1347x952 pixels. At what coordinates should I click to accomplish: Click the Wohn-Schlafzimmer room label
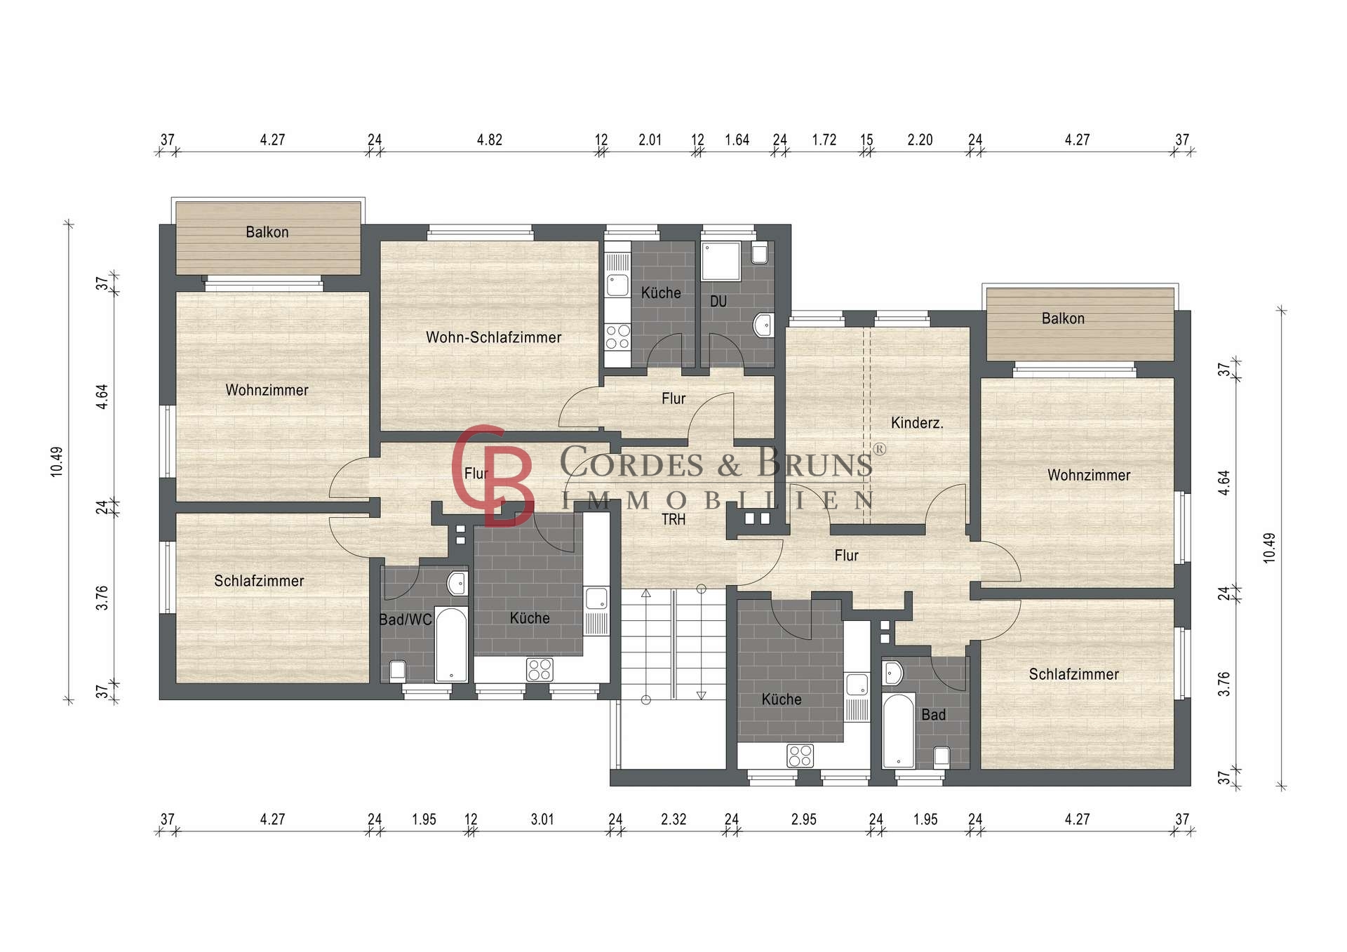tap(493, 337)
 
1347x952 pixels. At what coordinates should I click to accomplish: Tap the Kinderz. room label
tap(917, 423)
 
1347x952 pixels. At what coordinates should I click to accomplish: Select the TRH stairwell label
tap(673, 519)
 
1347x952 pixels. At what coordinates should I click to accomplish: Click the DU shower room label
tap(718, 302)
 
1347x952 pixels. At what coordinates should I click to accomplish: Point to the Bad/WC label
tap(406, 619)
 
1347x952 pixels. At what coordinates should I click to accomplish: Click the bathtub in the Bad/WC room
tap(451, 645)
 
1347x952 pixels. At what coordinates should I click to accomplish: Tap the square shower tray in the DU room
tap(721, 262)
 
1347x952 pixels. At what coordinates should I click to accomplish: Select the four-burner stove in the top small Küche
tap(617, 337)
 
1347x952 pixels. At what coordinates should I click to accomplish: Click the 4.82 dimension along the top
tap(490, 140)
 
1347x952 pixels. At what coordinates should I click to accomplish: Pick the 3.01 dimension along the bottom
tap(542, 819)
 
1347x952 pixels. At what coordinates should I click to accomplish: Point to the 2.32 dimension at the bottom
tap(673, 819)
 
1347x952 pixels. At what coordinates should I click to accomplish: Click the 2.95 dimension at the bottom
tap(804, 819)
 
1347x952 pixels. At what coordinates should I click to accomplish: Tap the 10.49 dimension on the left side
tap(57, 462)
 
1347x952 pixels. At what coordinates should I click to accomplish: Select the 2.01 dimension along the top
tap(650, 140)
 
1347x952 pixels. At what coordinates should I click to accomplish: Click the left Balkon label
tap(267, 232)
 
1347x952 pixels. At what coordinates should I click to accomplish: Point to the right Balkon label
tap(1063, 319)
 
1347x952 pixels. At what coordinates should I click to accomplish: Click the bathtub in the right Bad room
tap(899, 731)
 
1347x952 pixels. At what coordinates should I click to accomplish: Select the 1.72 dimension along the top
tap(824, 140)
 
